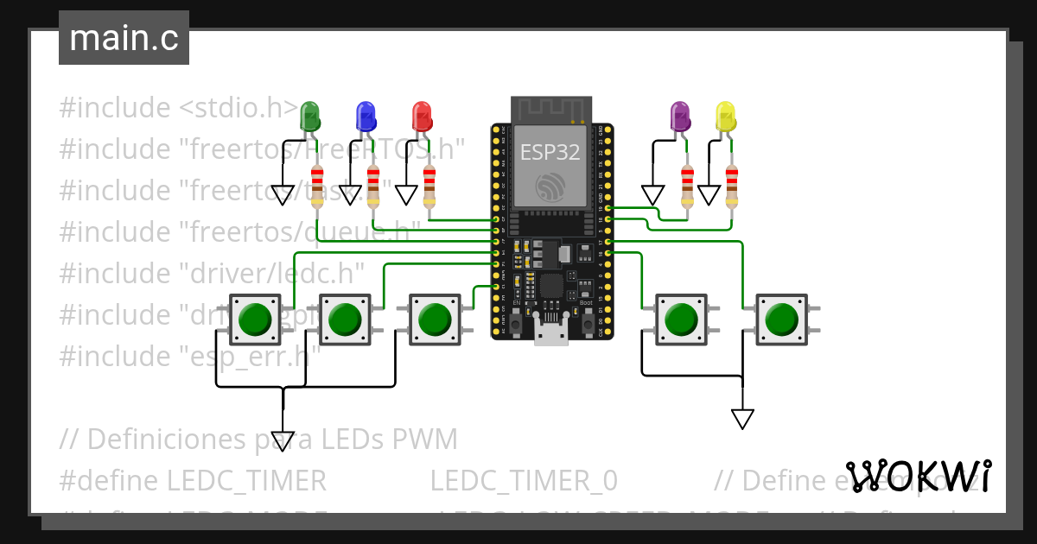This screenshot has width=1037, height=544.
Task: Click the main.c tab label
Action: coord(124,38)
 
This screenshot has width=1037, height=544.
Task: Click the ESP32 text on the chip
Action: coord(550,152)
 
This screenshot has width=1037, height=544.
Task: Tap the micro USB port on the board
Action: coord(551,332)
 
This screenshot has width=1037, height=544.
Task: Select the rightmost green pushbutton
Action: coord(781,319)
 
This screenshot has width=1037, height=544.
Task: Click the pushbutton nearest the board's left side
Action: coord(434,319)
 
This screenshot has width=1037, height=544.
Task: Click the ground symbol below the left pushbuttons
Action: coord(283,440)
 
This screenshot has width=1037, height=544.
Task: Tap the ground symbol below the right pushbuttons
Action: coord(742,419)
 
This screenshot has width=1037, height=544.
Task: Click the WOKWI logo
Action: coord(918,476)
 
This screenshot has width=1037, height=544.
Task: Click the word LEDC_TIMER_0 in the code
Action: coord(524,480)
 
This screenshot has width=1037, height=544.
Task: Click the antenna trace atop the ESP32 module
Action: coord(550,108)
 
